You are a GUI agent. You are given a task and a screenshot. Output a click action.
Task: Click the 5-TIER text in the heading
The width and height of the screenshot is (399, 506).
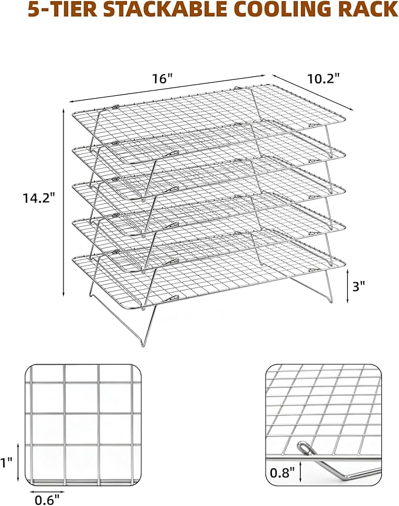pyautogui.click(x=62, y=9)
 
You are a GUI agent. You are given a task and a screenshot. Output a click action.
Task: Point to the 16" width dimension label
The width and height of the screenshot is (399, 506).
pyautogui.click(x=163, y=78)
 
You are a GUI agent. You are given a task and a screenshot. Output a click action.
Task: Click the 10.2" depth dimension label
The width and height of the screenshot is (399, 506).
pyautogui.click(x=324, y=79)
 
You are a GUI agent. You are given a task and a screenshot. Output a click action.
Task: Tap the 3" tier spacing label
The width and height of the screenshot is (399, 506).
pyautogui.click(x=358, y=286)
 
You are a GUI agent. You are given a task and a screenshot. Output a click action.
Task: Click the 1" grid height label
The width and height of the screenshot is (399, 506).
pyautogui.click(x=6, y=463)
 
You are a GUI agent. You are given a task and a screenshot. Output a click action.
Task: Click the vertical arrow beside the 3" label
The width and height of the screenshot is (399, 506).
pyautogui.click(x=347, y=286)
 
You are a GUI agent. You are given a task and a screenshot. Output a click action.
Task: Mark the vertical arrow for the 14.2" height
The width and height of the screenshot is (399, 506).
pyautogui.click(x=63, y=202)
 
